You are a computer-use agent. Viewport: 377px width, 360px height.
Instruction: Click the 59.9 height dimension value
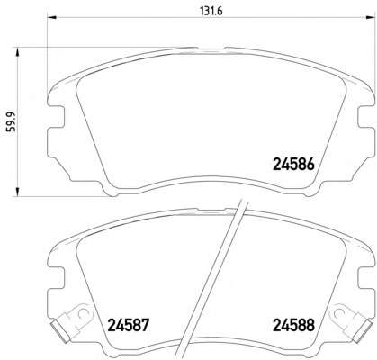[x=13, y=122]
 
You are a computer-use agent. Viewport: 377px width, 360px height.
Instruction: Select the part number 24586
[x=293, y=165]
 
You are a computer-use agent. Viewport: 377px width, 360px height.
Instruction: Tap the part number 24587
[x=128, y=325]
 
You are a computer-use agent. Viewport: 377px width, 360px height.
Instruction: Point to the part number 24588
[x=293, y=325]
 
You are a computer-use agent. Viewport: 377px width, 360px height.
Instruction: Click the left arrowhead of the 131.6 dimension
[x=51, y=17]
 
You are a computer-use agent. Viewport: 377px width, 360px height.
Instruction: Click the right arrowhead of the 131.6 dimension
[x=371, y=17]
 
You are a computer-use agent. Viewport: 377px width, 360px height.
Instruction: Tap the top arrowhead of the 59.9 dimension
[x=18, y=51]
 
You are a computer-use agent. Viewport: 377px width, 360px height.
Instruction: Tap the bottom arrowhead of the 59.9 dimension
[x=18, y=192]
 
